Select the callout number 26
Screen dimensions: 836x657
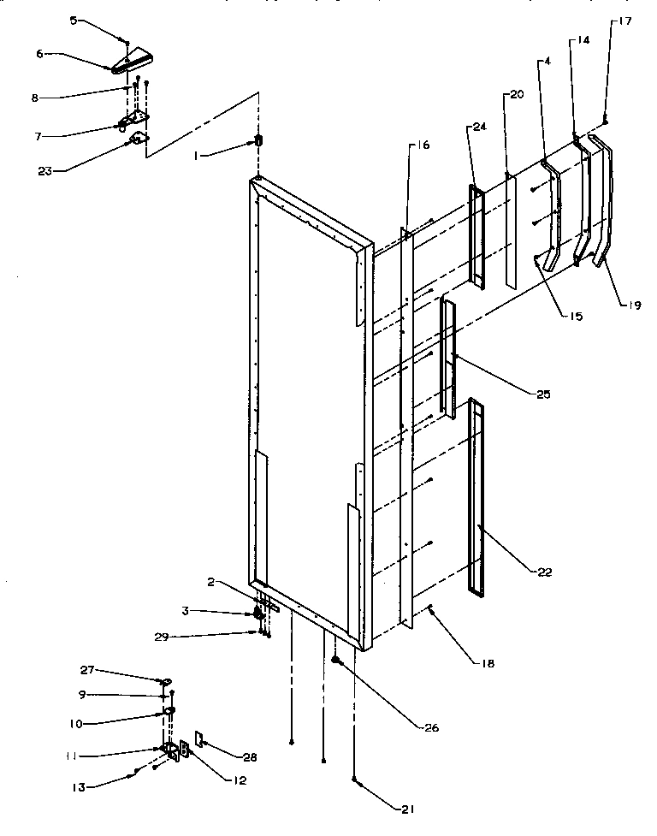coord(429,728)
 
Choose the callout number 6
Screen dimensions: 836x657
coord(39,53)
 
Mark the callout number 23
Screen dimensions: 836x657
coord(44,170)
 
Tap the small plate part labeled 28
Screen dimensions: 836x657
coord(198,738)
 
